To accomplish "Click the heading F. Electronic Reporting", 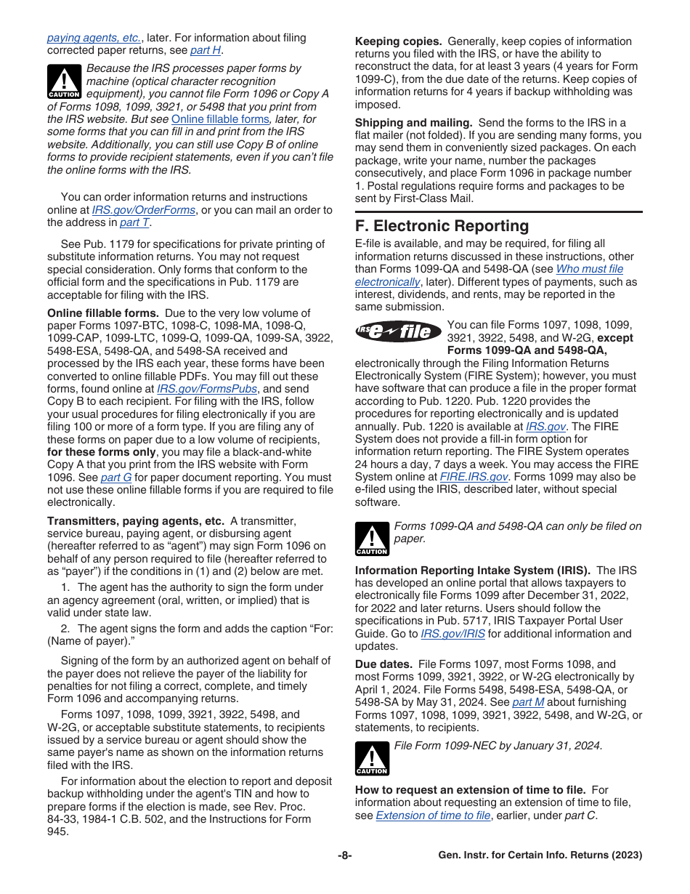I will click(x=442, y=226).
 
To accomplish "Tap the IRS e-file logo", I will click(x=399, y=332).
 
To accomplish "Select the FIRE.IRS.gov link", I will click(x=474, y=477).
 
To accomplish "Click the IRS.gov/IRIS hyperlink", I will click(x=452, y=634).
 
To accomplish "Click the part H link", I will click(x=206, y=50).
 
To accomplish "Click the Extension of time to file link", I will click(x=433, y=816).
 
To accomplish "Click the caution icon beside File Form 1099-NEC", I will click(x=372, y=758).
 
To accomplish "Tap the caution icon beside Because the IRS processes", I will click(x=64, y=81).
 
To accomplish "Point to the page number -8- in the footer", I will click(x=345, y=855).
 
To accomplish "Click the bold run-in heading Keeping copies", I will click(x=398, y=41).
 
